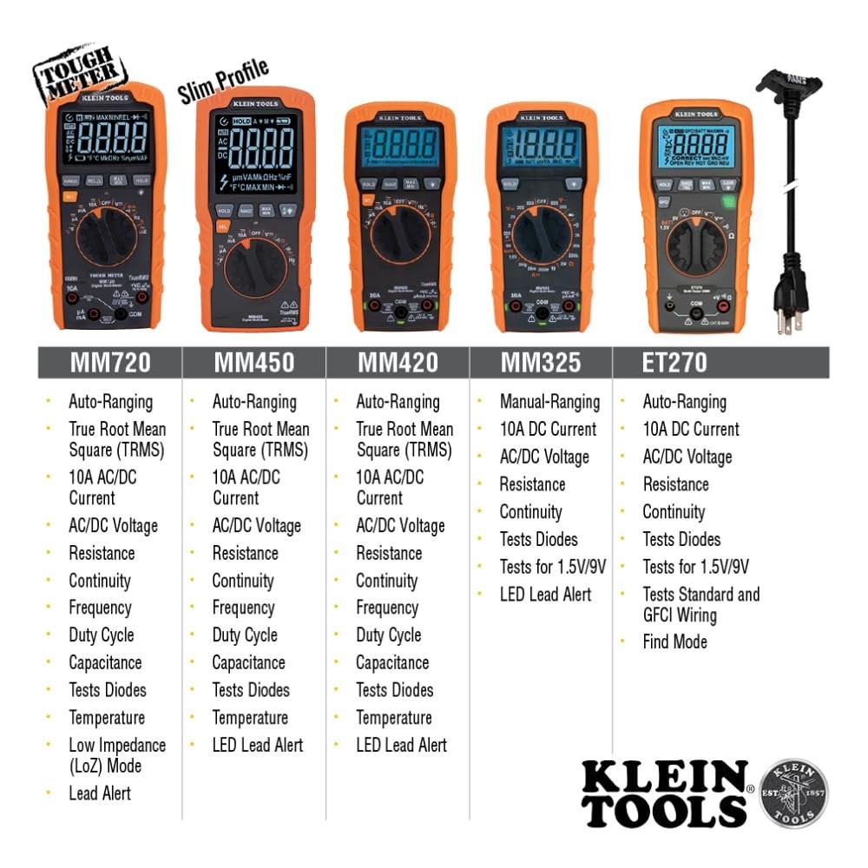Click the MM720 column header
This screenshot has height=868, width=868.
pos(110,363)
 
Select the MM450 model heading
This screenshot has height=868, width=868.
pos(254,363)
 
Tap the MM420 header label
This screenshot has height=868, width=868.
pos(398,363)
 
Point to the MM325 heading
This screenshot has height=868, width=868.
pos(541,362)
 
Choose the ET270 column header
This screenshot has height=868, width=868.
pos(675,362)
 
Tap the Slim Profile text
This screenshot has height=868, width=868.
pos(223,80)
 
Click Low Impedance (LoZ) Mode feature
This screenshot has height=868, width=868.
pos(117,755)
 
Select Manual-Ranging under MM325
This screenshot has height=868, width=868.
pos(549,402)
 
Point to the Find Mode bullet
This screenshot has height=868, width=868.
pos(674,642)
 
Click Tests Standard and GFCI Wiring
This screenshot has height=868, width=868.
pos(700,605)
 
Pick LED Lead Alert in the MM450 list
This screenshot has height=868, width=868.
pos(257,745)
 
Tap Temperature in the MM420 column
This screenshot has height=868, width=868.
pos(393,718)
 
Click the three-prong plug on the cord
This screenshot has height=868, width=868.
pos(790,306)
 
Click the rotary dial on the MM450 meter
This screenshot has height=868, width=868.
pos(257,270)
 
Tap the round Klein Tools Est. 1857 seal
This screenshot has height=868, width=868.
pos(793,793)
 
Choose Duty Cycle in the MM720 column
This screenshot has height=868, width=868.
pos(101,635)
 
